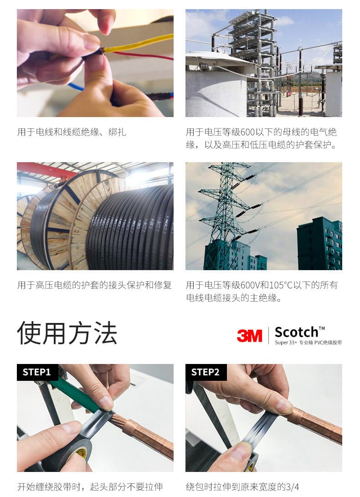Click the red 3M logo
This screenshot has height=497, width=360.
[x=250, y=336]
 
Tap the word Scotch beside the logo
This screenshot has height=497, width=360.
[x=296, y=332]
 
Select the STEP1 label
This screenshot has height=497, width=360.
[x=36, y=372]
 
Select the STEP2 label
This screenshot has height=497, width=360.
[x=205, y=372]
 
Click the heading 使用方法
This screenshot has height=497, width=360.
[x=67, y=333]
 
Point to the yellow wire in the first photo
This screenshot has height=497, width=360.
[x=139, y=44]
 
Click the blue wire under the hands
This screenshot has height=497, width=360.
[x=76, y=86]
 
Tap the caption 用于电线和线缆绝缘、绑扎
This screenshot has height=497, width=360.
[x=72, y=132]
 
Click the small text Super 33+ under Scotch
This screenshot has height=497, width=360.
[x=286, y=342]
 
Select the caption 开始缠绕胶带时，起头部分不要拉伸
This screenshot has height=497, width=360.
[x=90, y=487]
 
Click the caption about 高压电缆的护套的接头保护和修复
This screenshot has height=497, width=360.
[x=94, y=285]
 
